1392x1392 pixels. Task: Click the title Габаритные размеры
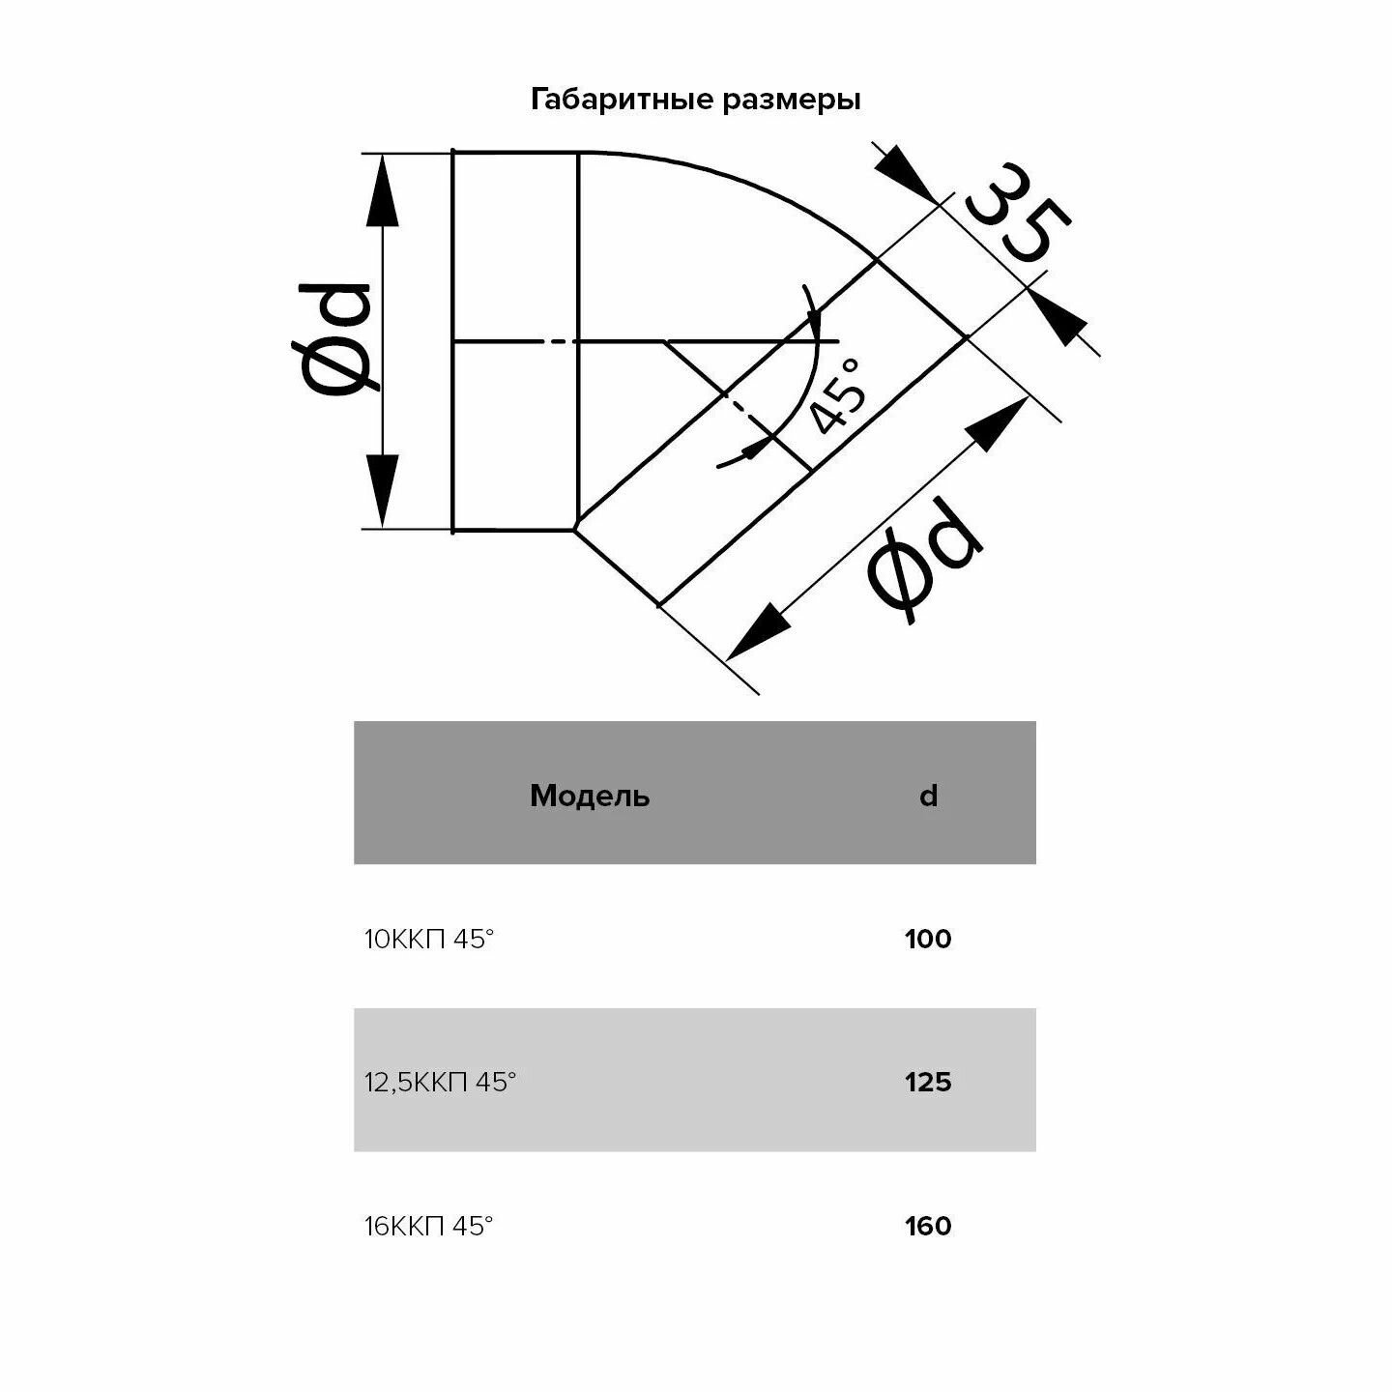point(695,100)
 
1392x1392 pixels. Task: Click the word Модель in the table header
point(590,796)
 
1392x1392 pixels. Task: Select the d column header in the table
point(928,796)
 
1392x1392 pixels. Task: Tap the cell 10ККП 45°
point(429,939)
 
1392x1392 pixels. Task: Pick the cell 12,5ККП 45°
point(441,1082)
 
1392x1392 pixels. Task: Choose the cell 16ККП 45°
point(429,1226)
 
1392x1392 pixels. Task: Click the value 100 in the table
point(928,939)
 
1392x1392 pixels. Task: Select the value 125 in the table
point(928,1082)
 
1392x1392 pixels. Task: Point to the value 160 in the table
point(928,1226)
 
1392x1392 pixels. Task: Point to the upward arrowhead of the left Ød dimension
point(384,193)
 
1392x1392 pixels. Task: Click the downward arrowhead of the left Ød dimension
point(384,488)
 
